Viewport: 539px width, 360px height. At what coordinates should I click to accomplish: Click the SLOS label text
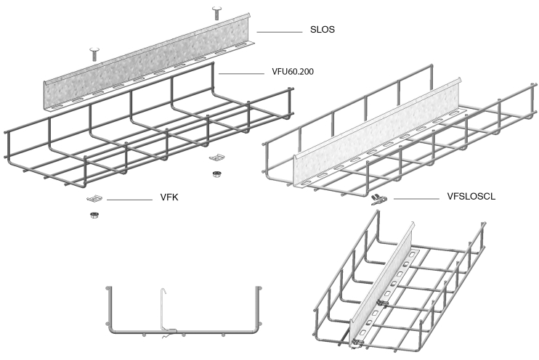point(322,30)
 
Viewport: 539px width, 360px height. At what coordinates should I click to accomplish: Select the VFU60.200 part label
point(293,71)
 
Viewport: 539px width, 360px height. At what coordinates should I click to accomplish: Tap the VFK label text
point(169,197)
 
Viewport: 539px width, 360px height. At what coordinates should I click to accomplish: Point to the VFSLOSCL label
point(471,196)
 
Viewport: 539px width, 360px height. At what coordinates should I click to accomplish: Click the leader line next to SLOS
point(279,32)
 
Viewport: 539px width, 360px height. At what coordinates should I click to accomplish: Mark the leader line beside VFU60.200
point(241,73)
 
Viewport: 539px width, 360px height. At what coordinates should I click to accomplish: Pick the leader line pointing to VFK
point(129,200)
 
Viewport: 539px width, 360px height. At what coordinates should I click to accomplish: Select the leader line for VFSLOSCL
point(416,199)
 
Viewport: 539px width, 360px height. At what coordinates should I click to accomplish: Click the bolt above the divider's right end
point(216,13)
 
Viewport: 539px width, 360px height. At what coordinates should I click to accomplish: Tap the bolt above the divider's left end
point(94,54)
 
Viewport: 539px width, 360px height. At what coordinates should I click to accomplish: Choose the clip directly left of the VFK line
point(94,199)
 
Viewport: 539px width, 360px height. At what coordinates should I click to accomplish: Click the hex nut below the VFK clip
point(93,216)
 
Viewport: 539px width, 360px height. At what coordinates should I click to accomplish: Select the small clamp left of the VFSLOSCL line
point(378,199)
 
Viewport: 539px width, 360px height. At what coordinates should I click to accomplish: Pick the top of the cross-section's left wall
point(109,288)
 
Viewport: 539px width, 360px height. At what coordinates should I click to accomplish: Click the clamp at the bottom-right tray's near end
point(357,342)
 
